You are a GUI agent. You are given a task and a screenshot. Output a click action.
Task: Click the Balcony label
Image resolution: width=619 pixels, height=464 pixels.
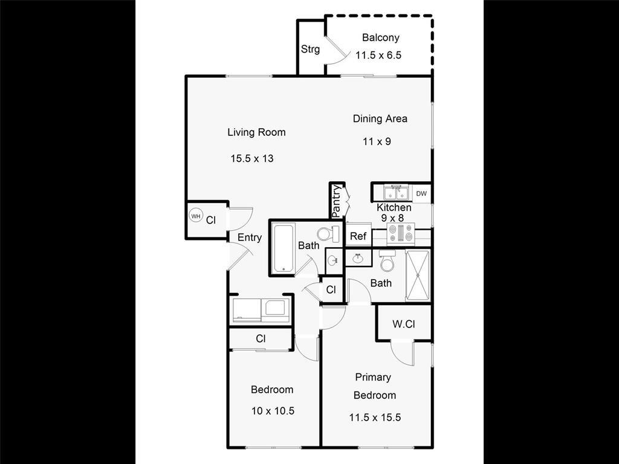click(x=380, y=37)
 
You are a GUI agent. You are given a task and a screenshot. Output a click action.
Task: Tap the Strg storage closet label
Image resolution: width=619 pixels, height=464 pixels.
click(x=310, y=50)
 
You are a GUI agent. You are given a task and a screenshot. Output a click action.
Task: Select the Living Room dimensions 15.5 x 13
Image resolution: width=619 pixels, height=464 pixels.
click(x=252, y=159)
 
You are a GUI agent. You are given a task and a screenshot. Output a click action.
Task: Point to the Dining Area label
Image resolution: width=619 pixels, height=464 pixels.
click(x=380, y=119)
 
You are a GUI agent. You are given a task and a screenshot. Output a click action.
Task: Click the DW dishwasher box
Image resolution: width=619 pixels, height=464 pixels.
click(x=421, y=194)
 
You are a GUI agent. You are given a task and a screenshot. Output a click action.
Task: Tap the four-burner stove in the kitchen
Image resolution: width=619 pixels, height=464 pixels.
click(x=400, y=232)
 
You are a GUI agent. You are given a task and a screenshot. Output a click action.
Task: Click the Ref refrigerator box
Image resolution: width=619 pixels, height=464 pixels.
click(x=358, y=236)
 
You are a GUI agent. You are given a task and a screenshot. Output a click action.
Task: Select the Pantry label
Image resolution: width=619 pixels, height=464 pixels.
click(x=336, y=201)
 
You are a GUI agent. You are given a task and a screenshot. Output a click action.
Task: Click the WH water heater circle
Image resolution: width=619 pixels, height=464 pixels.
click(x=196, y=216)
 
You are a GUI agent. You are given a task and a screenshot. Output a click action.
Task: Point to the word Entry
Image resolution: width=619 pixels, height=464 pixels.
click(x=249, y=237)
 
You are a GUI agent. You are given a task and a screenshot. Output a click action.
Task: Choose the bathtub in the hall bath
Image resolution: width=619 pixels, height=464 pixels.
click(x=283, y=248)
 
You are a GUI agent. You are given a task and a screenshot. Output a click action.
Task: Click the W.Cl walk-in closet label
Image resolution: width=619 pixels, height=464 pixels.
click(x=403, y=324)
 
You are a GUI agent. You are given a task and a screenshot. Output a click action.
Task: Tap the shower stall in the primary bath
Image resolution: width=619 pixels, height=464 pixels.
click(x=417, y=275)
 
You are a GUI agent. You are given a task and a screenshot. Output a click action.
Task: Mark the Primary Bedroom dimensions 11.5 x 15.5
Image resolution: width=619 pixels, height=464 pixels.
click(x=375, y=417)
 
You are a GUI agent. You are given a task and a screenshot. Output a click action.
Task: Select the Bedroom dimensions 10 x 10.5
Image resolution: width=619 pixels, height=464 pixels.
click(x=272, y=411)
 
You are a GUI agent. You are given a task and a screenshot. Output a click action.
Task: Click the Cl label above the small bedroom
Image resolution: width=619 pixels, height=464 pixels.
click(x=261, y=339)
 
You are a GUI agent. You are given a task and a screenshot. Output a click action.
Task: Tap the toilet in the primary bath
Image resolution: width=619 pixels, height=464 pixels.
click(x=387, y=262)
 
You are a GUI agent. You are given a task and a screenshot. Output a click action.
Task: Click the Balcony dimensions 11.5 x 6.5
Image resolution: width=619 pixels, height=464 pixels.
click(x=378, y=55)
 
